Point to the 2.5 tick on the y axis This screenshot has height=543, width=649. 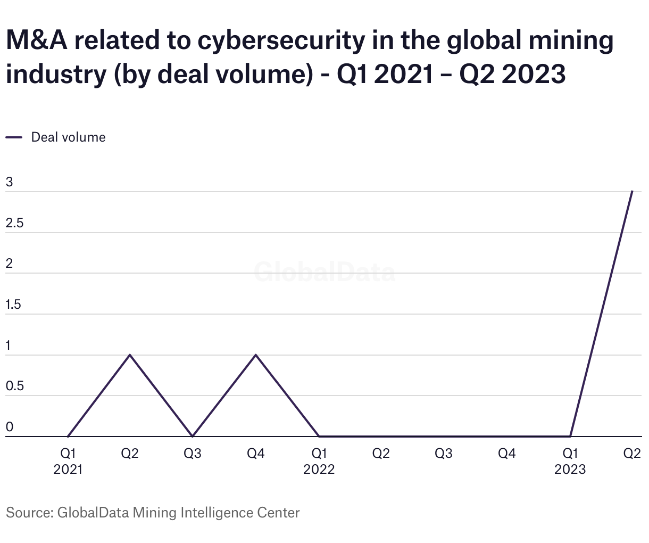click(x=14, y=223)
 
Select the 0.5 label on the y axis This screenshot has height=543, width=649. click(x=14, y=386)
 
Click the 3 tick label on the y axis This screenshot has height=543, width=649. click(x=9, y=182)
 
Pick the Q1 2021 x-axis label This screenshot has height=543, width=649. click(x=68, y=461)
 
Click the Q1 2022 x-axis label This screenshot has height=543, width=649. click(x=319, y=461)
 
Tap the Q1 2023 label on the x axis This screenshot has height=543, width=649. click(x=570, y=461)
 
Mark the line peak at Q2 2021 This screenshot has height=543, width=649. click(x=130, y=355)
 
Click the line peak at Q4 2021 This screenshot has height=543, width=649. click(x=256, y=355)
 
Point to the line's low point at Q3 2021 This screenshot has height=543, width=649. click(x=193, y=436)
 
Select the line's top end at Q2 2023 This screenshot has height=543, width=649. click(x=632, y=191)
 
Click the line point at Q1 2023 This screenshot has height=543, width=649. click(x=570, y=436)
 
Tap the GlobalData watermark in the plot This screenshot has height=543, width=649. click(x=324, y=272)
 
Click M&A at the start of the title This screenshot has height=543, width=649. click(x=37, y=42)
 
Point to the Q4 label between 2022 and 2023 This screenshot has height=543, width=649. click(x=507, y=454)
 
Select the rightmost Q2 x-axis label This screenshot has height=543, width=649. click(x=632, y=454)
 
